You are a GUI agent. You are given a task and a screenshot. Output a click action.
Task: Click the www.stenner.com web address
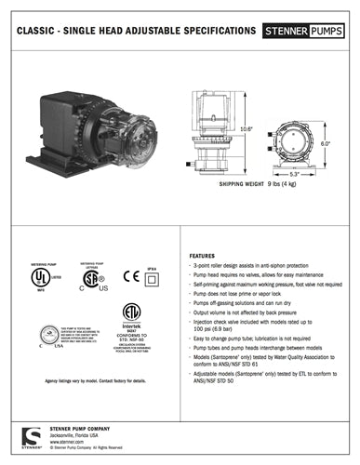66,442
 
